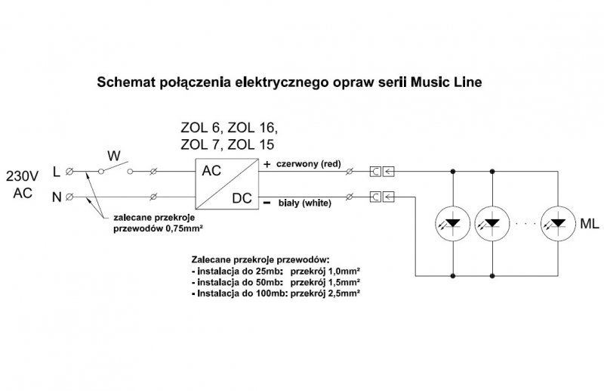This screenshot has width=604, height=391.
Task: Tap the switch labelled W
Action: click(x=115, y=168)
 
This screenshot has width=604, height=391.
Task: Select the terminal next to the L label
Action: click(x=69, y=172)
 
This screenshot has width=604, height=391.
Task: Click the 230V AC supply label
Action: click(x=23, y=185)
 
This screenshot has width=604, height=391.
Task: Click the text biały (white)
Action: click(x=303, y=203)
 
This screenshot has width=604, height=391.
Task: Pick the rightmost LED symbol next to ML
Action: click(x=558, y=223)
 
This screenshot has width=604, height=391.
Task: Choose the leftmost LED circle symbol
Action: click(x=453, y=223)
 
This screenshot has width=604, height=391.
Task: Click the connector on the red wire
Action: click(x=382, y=172)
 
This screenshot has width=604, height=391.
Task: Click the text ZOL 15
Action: click(x=249, y=144)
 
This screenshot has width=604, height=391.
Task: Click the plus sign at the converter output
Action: click(x=267, y=163)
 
